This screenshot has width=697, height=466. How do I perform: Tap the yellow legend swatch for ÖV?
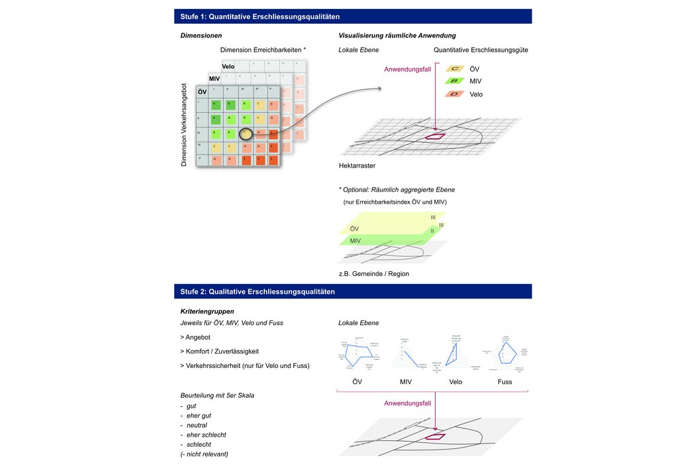click(454, 69)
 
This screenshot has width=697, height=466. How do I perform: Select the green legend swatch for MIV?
click(454, 81)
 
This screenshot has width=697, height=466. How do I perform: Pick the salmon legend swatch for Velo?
click(454, 94)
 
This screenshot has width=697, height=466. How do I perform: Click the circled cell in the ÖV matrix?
click(245, 132)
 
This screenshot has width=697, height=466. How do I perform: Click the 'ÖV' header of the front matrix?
click(202, 92)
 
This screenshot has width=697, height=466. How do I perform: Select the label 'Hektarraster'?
click(357, 166)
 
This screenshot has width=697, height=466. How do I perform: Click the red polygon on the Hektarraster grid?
click(434, 136)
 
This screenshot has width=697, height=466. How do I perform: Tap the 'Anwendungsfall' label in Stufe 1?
click(407, 69)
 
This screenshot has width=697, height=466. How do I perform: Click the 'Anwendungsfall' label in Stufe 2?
click(407, 403)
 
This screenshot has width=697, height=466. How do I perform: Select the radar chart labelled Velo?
click(455, 352)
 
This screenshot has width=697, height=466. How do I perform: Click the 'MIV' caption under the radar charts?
click(406, 382)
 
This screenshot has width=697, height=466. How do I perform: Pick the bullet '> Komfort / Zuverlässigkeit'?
click(219, 352)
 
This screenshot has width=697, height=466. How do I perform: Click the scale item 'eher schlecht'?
click(205, 435)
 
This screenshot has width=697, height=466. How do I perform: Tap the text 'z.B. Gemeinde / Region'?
click(374, 273)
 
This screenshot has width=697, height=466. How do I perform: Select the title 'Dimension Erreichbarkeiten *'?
click(263, 50)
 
